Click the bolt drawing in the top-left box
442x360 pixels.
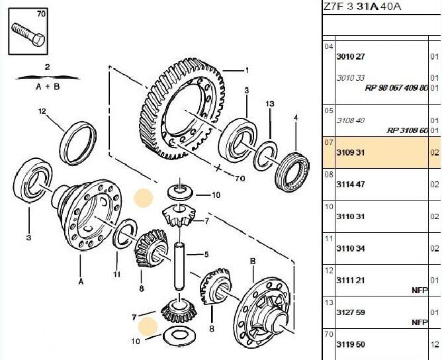pos(28,34)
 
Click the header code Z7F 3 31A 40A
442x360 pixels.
pos(363,7)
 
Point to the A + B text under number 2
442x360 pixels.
pos(47,86)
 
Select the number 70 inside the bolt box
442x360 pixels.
pos(41,13)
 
